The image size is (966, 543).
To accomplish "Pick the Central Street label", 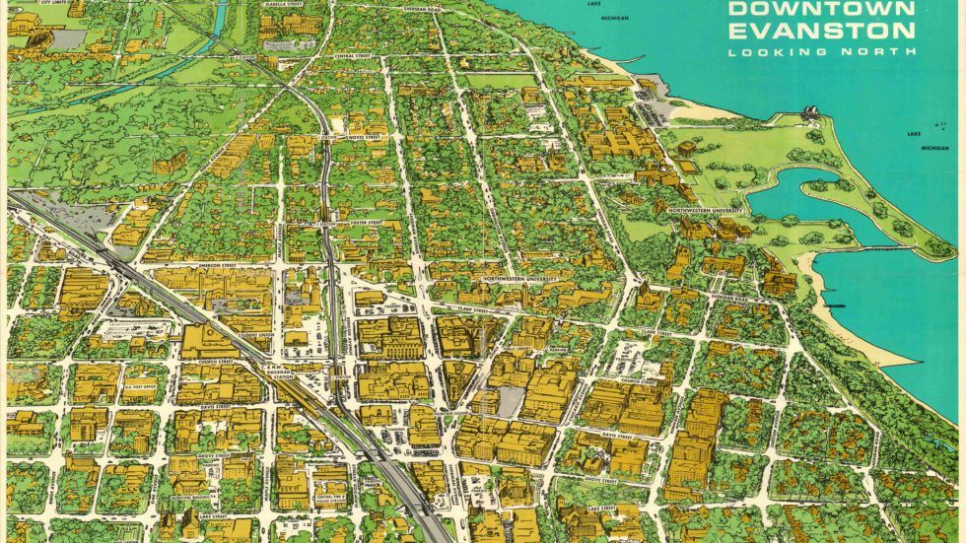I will tap(352, 56).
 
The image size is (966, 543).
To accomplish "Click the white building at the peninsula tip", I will tap(812, 114).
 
